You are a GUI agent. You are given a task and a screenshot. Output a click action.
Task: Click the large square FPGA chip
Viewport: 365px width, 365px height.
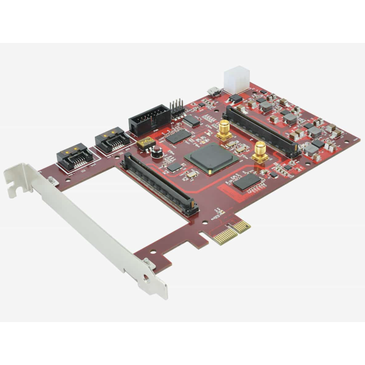coord(211,157)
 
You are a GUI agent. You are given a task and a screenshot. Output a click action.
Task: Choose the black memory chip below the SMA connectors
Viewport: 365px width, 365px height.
coord(247,182)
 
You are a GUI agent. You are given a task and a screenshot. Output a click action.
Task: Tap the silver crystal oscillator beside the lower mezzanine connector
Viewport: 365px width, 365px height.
coord(191,174)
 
